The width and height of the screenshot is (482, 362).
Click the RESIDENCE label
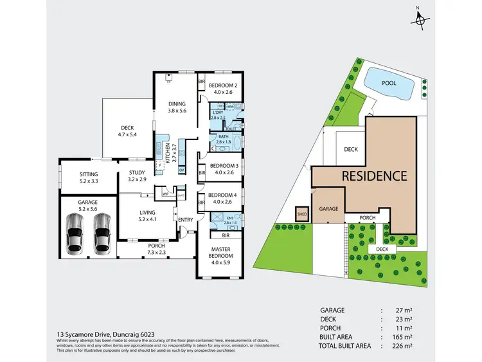(x=374, y=175)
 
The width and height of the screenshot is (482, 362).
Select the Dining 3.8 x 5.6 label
(x=176, y=107)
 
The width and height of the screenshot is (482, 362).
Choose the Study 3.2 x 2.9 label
(x=136, y=176)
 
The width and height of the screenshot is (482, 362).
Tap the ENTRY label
(x=186, y=221)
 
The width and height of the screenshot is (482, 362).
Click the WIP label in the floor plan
(x=165, y=193)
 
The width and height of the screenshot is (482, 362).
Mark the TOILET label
(x=230, y=129)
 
